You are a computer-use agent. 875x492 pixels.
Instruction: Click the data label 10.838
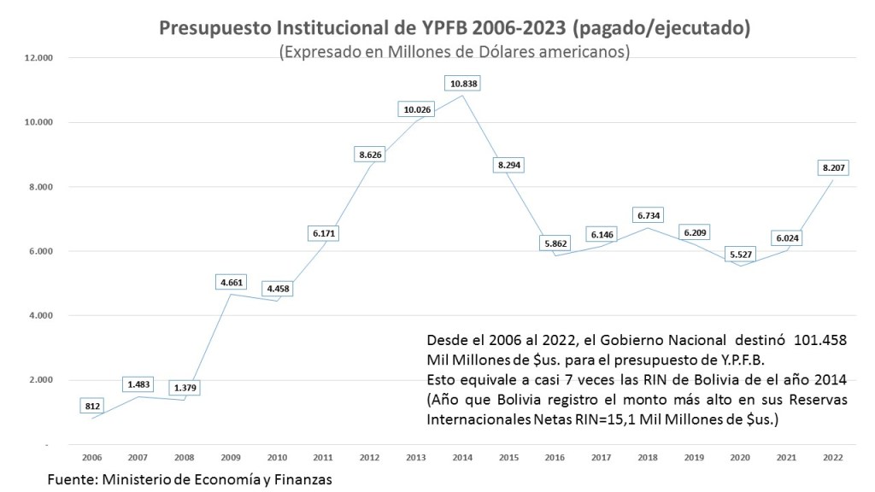pos(465,83)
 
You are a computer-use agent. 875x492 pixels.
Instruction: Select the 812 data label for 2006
pos(92,407)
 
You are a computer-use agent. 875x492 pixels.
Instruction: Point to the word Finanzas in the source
pos(302,479)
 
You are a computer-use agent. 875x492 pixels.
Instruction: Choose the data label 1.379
pos(185,389)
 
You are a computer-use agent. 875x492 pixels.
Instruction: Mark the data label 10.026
pos(419,108)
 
